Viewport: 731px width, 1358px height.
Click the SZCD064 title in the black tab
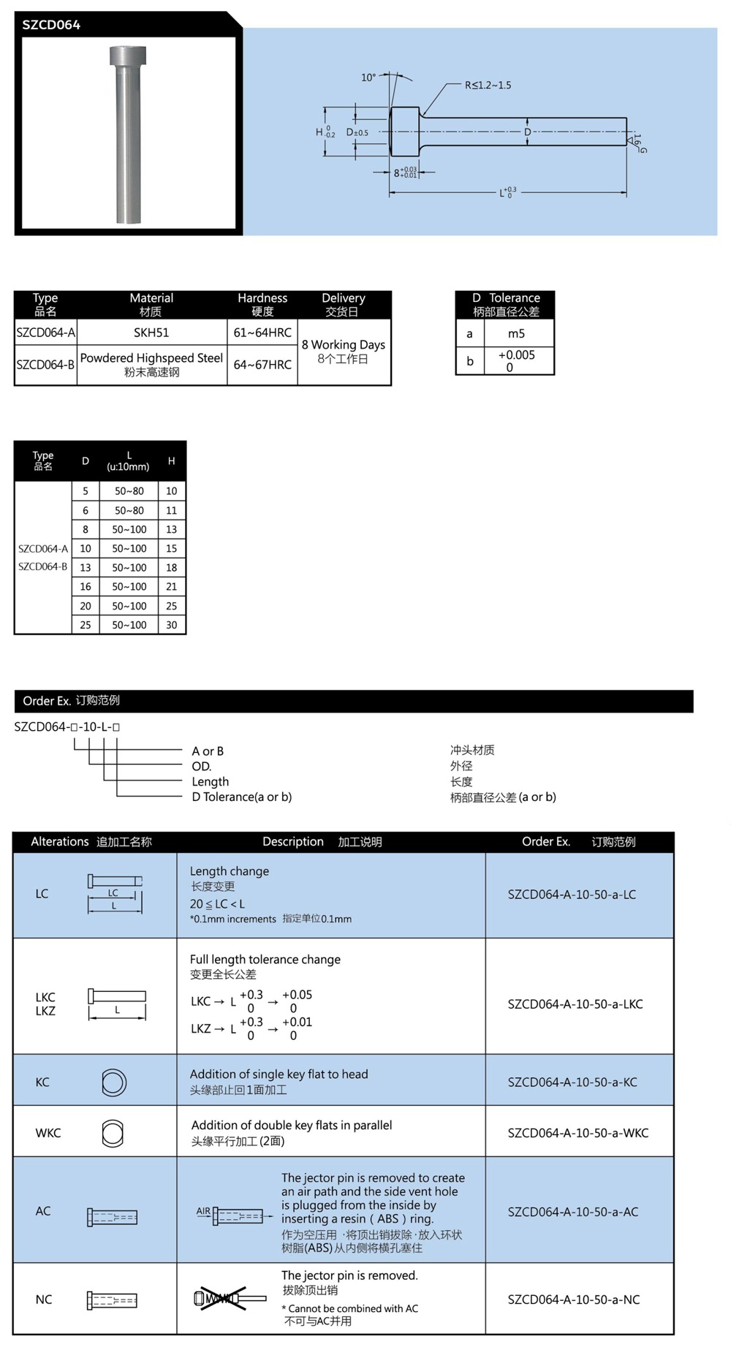51,25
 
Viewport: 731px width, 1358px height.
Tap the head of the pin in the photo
128,56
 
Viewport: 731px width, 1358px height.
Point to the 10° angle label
368,77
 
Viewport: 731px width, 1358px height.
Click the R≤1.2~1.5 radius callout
488,86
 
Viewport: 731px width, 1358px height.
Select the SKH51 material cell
151,333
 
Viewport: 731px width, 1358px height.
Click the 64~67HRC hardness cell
262,364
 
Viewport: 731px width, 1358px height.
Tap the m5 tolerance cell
516,333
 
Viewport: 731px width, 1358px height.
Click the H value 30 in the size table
172,625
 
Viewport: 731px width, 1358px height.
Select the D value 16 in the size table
86,586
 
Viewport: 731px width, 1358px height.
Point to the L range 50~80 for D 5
129,491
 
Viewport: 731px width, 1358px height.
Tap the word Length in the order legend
211,781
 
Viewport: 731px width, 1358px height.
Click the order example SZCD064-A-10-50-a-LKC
575,1004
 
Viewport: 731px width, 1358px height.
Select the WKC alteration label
48,1133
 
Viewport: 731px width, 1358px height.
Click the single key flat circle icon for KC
114,1082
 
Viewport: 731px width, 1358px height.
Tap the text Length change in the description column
230,871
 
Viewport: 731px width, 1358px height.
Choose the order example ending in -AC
573,1212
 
